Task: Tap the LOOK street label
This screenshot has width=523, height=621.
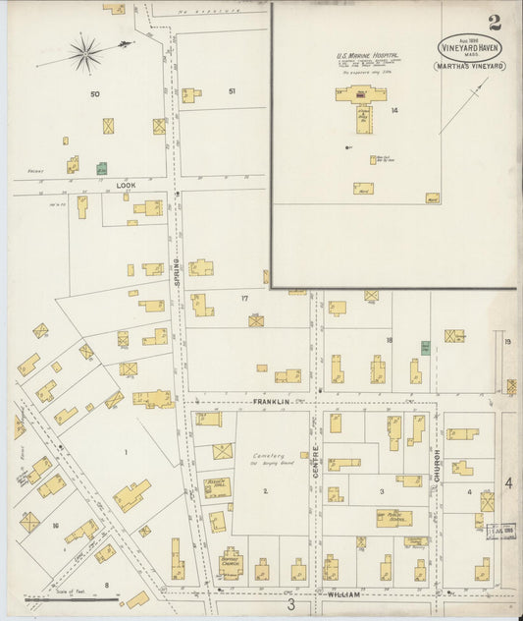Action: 126,184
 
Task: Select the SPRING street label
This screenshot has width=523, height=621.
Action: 178,266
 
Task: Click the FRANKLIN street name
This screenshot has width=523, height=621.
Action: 269,402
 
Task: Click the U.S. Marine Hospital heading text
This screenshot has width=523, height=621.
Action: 357,56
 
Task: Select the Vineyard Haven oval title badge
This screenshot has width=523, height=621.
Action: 470,46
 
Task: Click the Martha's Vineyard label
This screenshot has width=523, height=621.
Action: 470,66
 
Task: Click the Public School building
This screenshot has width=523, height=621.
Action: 393,518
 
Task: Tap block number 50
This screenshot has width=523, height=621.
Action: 95,93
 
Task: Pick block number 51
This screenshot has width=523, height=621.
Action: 233,91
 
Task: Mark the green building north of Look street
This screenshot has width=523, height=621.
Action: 101,168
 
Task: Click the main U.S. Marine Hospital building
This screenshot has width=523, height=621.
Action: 360,96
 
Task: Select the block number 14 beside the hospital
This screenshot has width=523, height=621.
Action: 393,111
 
